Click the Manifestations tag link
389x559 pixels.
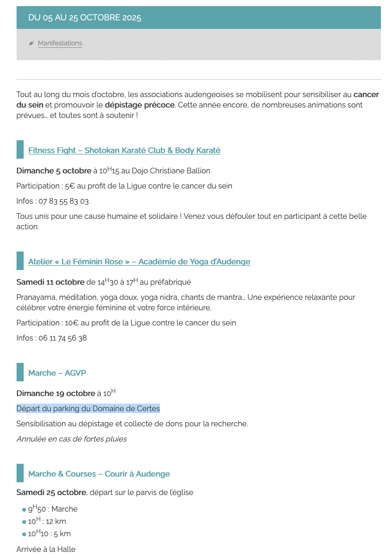pos(60,44)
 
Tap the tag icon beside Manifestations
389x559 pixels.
pos(31,43)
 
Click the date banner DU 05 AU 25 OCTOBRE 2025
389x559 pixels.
pos(85,18)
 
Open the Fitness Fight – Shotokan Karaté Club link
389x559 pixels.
pos(124,151)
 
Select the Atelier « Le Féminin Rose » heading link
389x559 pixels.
pos(139,262)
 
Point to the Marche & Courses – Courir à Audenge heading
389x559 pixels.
pos(99,474)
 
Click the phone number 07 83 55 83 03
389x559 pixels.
pos(64,201)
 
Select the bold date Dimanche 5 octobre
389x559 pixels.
pos(54,171)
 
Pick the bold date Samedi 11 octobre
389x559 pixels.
pos(50,282)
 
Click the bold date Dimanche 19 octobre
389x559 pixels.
pos(56,394)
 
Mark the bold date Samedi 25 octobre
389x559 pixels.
pos(52,493)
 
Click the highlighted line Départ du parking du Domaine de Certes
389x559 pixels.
pos(88,409)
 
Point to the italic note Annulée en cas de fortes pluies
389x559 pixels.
pos(71,439)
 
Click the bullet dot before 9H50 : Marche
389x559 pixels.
pos(24,510)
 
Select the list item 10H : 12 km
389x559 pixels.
pos(47,522)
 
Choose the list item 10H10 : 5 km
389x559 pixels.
pos(49,534)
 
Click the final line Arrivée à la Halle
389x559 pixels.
pos(46,550)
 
